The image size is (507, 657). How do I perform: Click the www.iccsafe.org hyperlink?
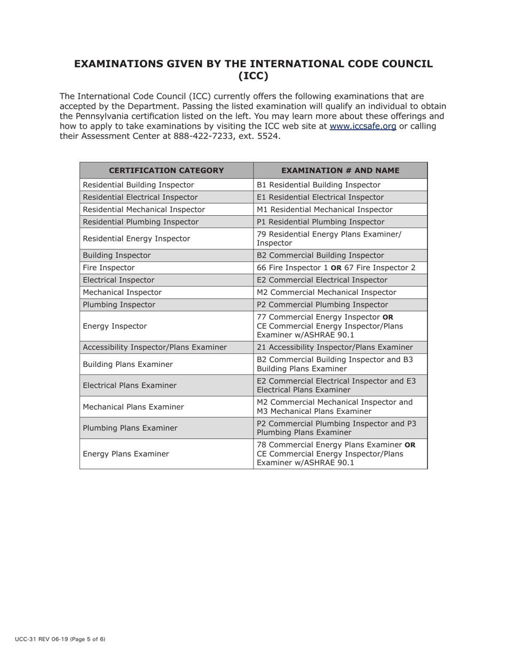(363, 126)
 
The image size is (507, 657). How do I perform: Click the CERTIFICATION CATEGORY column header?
(167, 170)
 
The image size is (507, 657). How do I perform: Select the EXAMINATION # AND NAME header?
(340, 170)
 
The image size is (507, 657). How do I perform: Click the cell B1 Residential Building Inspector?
(319, 185)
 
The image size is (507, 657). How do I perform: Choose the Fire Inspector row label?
(109, 268)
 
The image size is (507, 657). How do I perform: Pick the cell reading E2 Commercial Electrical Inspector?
(322, 280)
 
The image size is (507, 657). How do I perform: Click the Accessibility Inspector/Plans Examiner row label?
(155, 347)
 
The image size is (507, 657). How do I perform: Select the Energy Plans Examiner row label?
(126, 454)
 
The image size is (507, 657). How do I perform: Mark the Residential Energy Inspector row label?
(136, 238)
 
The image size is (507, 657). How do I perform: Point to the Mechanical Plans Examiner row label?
(133, 406)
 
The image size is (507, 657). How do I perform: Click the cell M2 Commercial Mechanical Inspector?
(326, 292)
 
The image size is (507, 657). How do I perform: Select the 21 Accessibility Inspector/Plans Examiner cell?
(335, 347)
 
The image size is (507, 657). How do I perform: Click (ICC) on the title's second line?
(253, 76)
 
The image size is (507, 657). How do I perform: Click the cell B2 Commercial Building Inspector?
(320, 255)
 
